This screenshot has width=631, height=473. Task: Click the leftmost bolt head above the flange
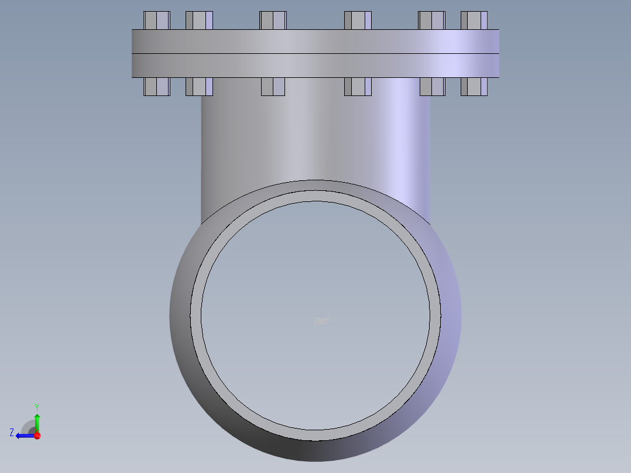[156, 20]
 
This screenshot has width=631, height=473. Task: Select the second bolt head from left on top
[199, 20]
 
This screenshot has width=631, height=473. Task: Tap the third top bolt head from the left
[273, 20]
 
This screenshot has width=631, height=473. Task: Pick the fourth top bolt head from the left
[358, 20]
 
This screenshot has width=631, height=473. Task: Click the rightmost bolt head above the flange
[474, 20]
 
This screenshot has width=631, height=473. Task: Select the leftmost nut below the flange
[156, 87]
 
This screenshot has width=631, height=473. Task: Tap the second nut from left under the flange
[199, 87]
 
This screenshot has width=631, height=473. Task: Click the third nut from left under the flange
[273, 87]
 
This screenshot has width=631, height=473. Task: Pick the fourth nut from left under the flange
[358, 87]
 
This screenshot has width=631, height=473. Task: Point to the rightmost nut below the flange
[474, 87]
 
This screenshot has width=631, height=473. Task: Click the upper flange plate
[315, 42]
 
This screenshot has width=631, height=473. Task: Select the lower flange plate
[315, 66]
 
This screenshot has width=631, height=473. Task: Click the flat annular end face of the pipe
[315, 196]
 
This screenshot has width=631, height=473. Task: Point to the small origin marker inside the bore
[321, 321]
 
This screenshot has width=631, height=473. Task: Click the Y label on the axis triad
[37, 406]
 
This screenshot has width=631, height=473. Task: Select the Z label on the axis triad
[12, 433]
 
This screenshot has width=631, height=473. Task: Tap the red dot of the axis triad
[37, 436]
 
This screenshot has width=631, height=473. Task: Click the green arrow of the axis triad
[37, 421]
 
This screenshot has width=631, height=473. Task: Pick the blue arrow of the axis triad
[24, 436]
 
